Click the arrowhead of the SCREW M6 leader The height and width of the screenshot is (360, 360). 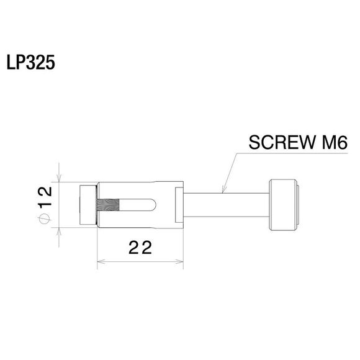[223, 189]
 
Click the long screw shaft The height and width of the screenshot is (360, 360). [227, 204]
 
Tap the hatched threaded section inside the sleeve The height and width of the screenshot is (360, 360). [108, 204]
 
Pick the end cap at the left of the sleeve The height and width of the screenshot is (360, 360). [87, 204]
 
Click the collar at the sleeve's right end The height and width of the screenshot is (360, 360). [179, 204]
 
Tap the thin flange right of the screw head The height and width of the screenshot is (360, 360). [297, 204]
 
